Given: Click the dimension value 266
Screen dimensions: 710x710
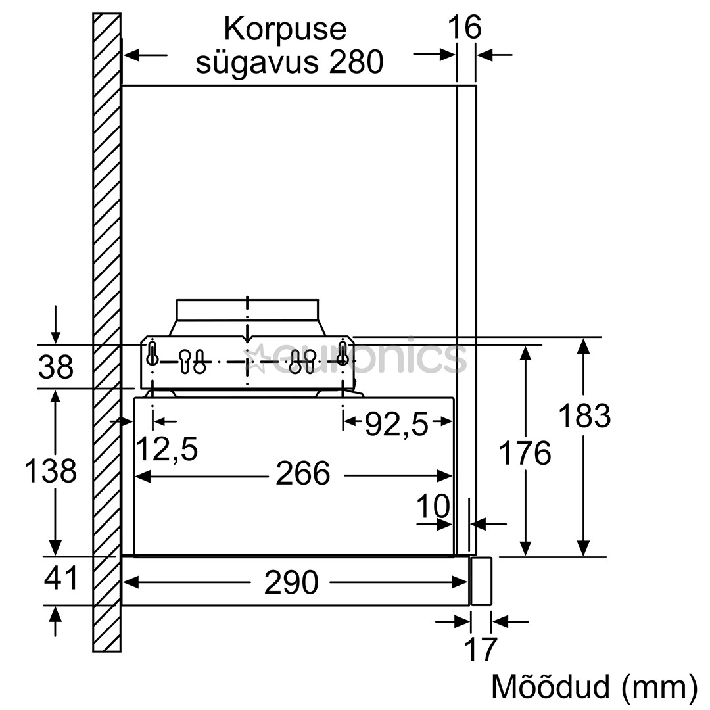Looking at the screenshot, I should pos(302,473).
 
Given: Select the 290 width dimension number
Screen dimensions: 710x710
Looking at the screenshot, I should pos(291,582).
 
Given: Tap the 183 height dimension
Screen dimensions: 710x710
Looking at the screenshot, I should pos(584,416).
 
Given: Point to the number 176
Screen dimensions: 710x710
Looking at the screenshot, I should pos(525,454).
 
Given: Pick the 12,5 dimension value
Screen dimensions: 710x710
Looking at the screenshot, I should pos(166,450).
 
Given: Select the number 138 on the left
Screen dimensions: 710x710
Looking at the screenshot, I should pos(51,471).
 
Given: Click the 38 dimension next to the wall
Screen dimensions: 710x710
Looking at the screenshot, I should pos(56,367).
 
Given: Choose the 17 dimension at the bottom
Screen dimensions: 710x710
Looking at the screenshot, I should pos(481,650).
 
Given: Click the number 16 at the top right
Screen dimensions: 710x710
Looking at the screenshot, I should pos(465,28).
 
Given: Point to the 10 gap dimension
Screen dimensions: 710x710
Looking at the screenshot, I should pos(433,507).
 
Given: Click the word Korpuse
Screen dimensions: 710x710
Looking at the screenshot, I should pos(285,29).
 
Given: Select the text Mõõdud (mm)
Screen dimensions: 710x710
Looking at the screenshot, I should pos(594,686).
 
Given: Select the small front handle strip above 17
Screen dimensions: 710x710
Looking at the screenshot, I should pos(481,581).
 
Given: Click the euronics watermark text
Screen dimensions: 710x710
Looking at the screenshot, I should pos(368,358).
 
